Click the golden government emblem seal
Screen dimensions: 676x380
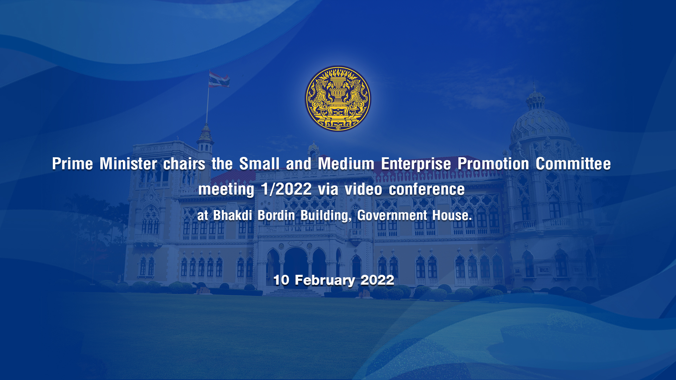(338, 99)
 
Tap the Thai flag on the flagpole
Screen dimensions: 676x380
(219, 79)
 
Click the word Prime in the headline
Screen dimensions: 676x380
(73, 164)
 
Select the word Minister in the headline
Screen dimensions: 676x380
(128, 164)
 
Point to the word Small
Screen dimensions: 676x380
(259, 164)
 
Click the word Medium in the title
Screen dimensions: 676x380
(346, 164)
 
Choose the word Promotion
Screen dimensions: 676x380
(493, 164)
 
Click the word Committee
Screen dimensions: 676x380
(573, 164)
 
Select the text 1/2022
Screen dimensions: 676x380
(286, 189)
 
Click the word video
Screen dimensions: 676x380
(363, 189)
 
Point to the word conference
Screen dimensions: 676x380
(427, 189)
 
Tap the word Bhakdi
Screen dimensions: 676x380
(233, 215)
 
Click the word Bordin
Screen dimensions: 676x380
(276, 215)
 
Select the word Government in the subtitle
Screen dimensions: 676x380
(392, 215)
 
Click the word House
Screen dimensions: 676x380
(452, 215)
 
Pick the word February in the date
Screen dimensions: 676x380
(325, 280)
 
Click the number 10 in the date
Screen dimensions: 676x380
(281, 280)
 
